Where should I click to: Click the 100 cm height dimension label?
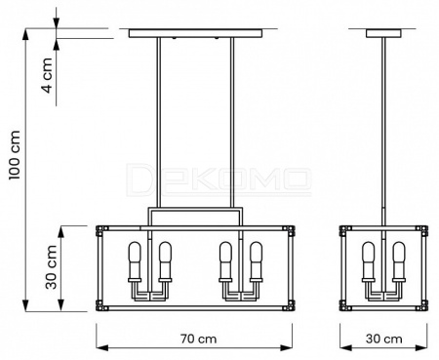click(15, 155)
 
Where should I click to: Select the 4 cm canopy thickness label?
click(48, 75)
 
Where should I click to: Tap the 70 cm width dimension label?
click(198, 339)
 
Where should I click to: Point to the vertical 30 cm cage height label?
click(51, 267)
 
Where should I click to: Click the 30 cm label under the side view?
click(384, 339)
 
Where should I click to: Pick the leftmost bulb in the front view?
click(135, 260)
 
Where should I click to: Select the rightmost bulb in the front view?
click(256, 260)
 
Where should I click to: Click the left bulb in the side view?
click(369, 260)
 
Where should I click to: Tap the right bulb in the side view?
click(399, 260)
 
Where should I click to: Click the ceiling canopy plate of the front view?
click(195, 33)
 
